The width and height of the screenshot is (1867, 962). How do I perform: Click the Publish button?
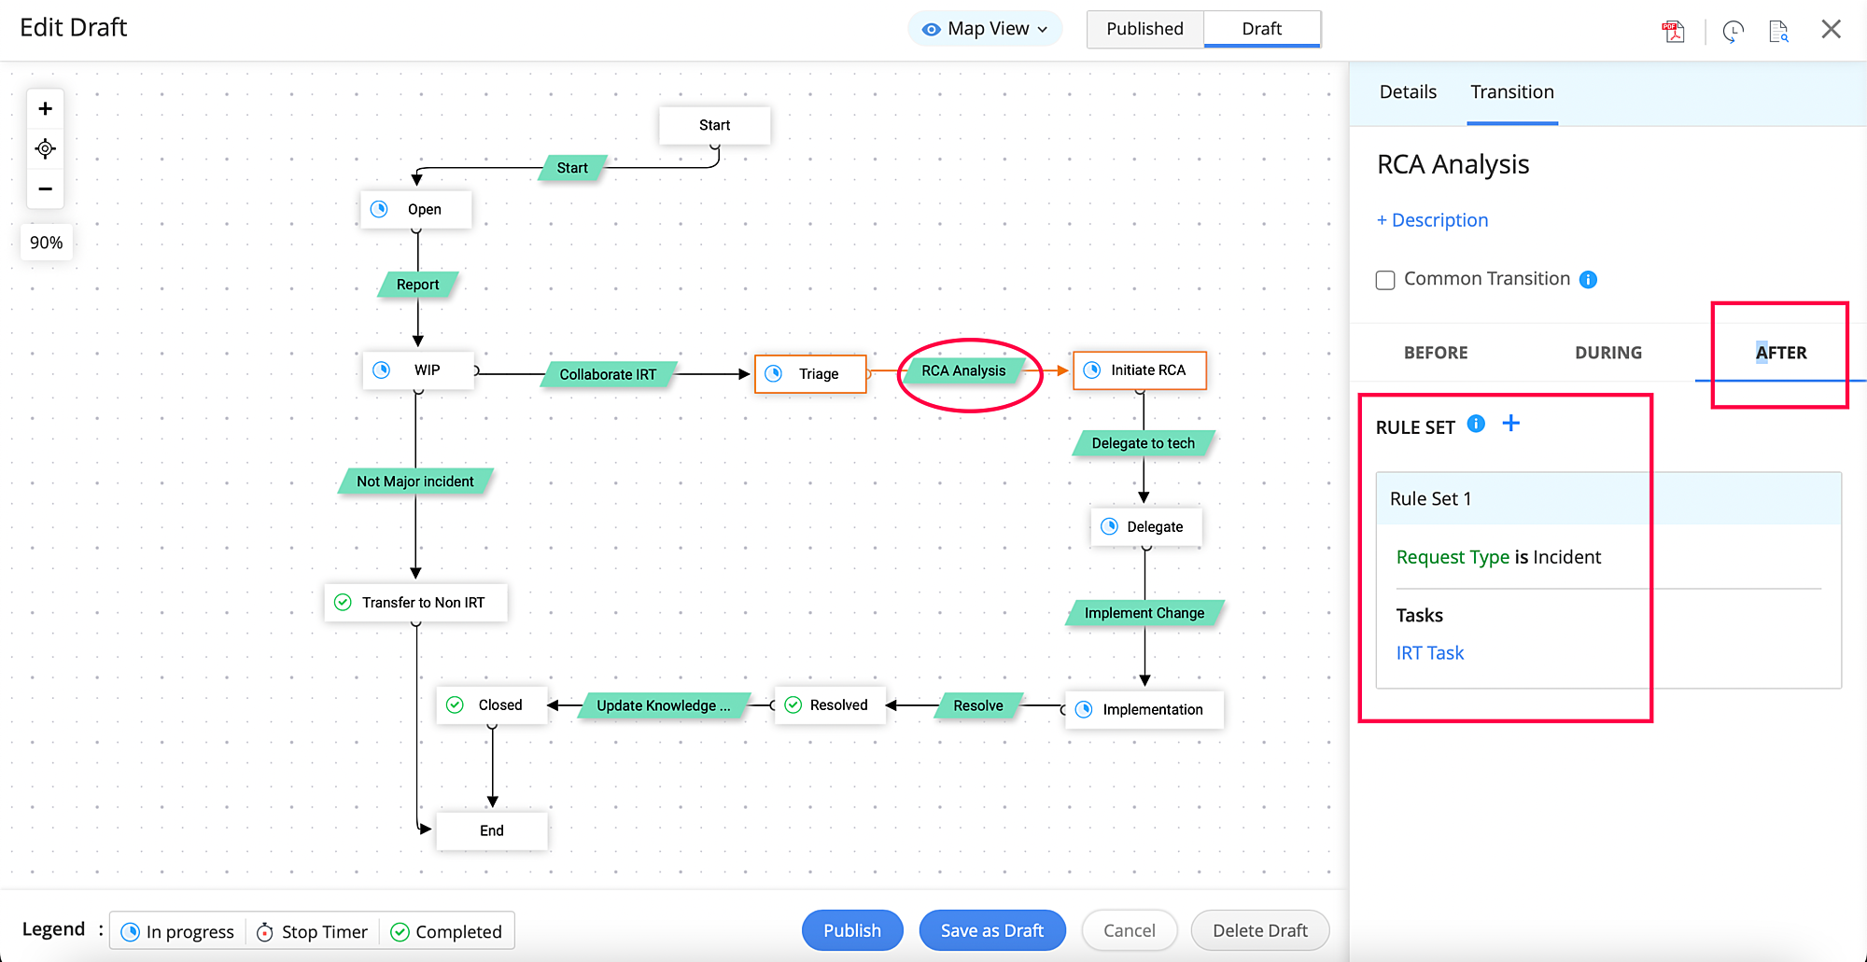point(851,930)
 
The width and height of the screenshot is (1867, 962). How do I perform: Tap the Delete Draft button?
point(1259,930)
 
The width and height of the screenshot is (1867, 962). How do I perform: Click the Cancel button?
point(1129,930)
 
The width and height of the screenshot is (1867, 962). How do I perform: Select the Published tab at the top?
point(1144,29)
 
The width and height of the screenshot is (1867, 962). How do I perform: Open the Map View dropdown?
point(986,29)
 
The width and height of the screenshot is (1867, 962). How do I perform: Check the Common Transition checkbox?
point(1385,280)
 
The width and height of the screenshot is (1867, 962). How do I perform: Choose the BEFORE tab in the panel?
point(1435,353)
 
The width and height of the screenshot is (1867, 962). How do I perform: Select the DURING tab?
point(1607,353)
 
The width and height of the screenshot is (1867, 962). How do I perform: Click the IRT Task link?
point(1429,653)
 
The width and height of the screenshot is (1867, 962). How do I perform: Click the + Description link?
point(1432,220)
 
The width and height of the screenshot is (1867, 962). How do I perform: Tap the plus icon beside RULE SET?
point(1510,424)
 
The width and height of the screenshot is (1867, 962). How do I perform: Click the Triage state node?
point(810,374)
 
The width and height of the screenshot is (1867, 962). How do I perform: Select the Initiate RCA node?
point(1140,370)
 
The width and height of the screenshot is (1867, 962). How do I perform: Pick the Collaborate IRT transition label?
point(608,374)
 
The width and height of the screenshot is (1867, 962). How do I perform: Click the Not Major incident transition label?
point(414,481)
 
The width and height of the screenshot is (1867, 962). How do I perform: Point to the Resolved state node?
point(829,705)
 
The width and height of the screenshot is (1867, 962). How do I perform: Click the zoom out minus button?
point(45,189)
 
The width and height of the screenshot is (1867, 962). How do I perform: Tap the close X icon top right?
point(1831,29)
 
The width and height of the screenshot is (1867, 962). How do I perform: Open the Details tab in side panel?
point(1408,92)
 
